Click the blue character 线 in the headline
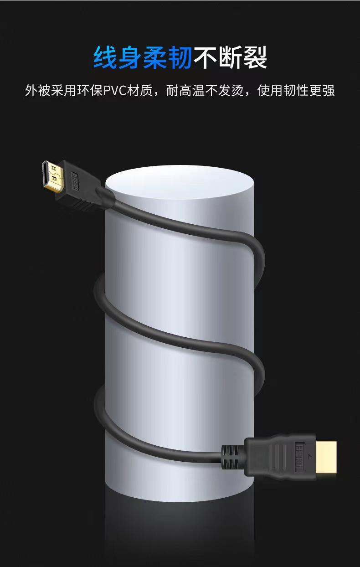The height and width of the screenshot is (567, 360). [x=105, y=57]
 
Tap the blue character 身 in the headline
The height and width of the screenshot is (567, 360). [x=130, y=57]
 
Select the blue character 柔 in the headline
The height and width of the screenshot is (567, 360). [x=155, y=57]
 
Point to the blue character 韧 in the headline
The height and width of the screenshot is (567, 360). [x=180, y=57]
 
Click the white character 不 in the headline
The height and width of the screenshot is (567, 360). [x=205, y=57]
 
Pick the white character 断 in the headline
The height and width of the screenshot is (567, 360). [x=230, y=57]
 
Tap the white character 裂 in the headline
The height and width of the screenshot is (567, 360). [x=254, y=57]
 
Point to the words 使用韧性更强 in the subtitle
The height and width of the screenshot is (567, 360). [x=296, y=90]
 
